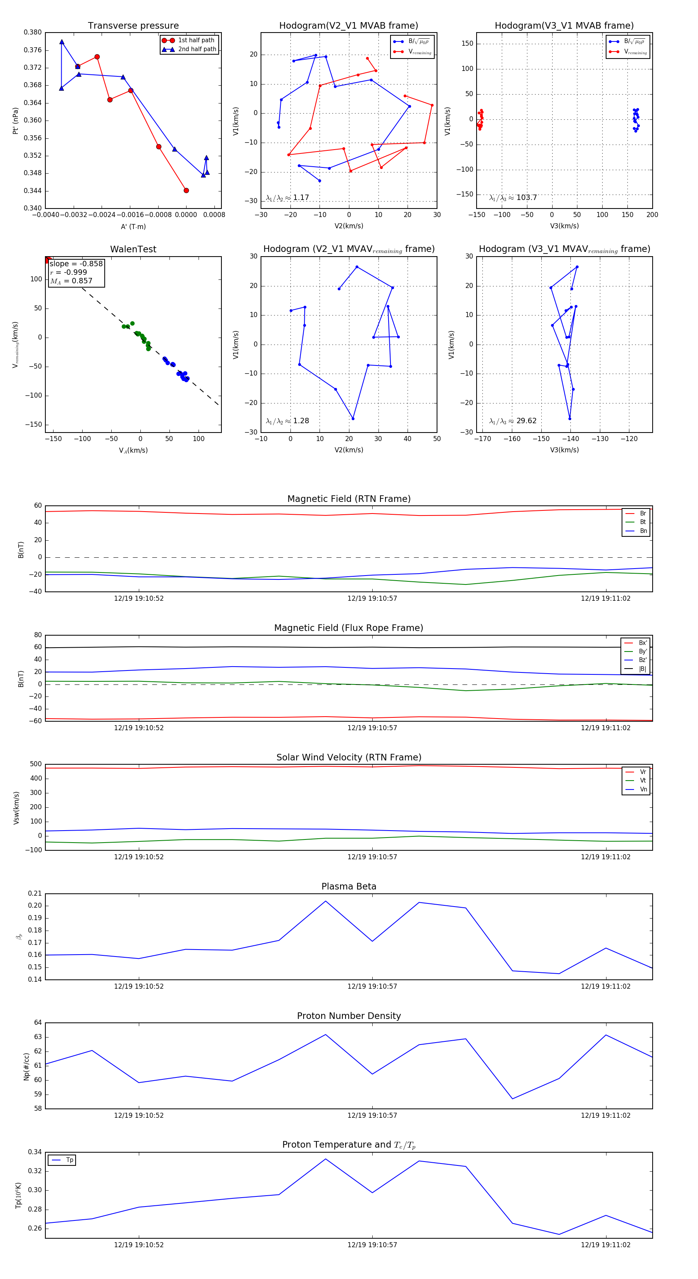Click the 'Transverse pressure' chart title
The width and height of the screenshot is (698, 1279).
(133, 26)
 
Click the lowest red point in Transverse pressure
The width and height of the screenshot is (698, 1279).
(186, 191)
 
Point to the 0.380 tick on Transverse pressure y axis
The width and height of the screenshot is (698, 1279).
(33, 32)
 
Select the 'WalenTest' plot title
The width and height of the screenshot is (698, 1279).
(133, 249)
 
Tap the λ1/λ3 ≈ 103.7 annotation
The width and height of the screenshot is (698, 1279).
(513, 198)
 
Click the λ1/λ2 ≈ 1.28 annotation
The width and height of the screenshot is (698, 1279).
(287, 421)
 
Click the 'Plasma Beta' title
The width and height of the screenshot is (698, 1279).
(349, 887)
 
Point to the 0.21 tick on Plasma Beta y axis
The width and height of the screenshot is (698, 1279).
(35, 894)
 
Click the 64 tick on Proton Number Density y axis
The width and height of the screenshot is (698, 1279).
(38, 1023)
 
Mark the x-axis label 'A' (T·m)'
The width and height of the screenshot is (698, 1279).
(133, 227)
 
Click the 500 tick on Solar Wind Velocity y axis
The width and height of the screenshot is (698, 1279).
(36, 764)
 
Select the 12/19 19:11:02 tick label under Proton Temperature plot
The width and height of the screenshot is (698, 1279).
(606, 1245)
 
